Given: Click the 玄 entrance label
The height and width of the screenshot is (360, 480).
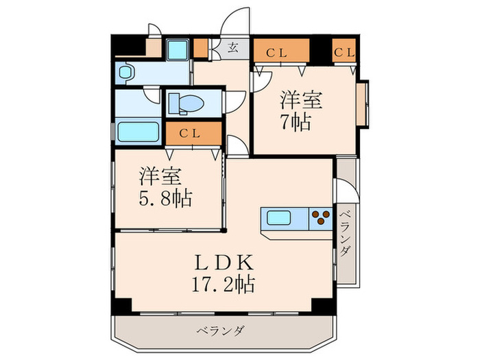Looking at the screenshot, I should tap(233, 48).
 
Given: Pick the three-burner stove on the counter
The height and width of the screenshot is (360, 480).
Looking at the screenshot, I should tap(320, 219).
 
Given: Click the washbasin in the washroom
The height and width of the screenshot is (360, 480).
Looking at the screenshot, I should tap(127, 73).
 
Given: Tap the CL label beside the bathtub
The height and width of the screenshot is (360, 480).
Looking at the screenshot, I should tap(190, 133).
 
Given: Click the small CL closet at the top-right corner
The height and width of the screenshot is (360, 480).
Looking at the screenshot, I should tap(344, 50).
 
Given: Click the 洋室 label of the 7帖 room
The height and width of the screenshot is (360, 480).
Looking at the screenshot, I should tap(300, 100).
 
